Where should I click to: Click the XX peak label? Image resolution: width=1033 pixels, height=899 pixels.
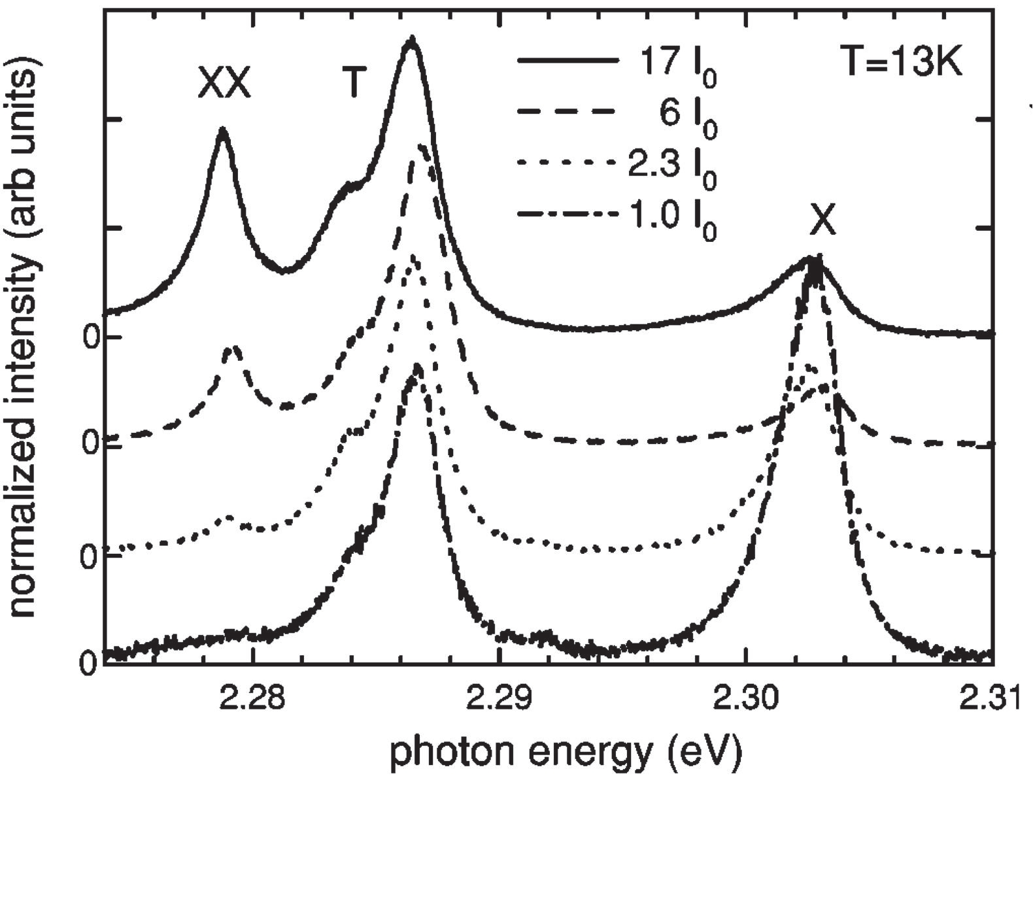click(x=224, y=84)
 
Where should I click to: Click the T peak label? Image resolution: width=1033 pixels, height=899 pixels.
click(x=353, y=83)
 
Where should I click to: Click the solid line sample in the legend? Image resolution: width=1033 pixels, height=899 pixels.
click(x=567, y=61)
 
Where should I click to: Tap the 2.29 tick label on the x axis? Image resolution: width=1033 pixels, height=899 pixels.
click(x=499, y=699)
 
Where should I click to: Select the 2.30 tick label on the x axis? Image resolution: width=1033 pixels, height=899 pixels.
click(x=745, y=699)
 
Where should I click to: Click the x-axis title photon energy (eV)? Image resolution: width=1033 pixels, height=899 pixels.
click(x=566, y=753)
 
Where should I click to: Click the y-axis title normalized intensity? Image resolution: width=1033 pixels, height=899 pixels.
click(x=24, y=337)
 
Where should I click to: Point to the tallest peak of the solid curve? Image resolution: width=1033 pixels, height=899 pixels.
click(x=411, y=41)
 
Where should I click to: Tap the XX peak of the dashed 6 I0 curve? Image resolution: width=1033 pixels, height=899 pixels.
click(x=232, y=348)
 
